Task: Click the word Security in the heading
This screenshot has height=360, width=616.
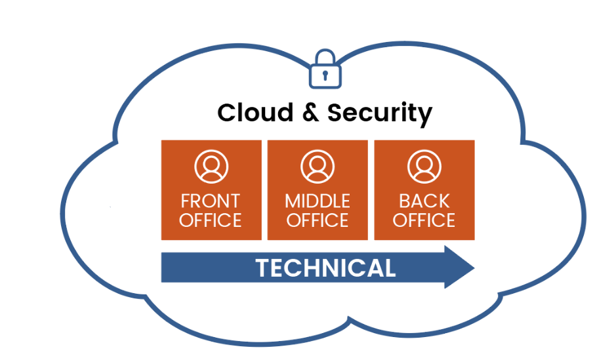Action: pos(379,114)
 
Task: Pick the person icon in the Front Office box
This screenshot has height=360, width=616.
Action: pos(211,167)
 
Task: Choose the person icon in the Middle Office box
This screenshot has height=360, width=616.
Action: pos(318,167)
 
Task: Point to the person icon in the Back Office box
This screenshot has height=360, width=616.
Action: pos(424,167)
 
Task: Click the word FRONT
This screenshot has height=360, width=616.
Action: pos(211,201)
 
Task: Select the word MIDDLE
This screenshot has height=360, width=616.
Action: pos(318,201)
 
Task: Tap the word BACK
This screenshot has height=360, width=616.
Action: pos(424,201)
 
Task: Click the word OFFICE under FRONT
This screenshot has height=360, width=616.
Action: pos(211,220)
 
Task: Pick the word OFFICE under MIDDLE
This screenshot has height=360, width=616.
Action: pos(318,220)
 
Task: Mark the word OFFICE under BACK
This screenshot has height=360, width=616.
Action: pos(424,220)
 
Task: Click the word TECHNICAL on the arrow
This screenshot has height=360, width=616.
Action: pos(325,268)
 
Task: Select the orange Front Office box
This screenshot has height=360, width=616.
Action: pos(211,190)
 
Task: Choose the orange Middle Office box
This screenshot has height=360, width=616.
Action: pos(318,190)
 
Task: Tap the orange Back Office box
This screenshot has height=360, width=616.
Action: pos(424,190)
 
